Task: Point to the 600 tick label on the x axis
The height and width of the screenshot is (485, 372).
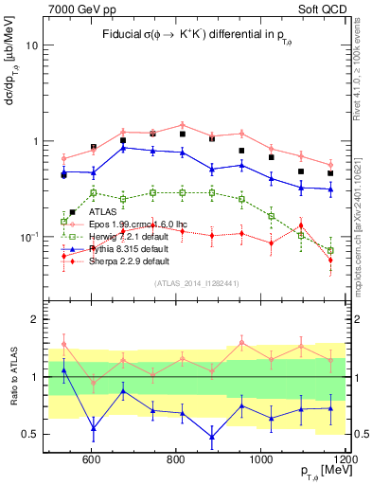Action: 92,460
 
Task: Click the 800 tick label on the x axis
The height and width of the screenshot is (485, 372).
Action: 177,460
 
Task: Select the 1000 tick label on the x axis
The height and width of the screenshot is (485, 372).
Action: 261,460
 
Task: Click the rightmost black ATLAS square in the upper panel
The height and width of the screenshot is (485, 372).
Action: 330,173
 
